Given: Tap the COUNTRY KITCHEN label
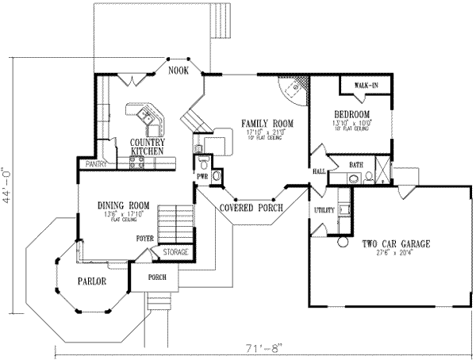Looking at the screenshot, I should click(147, 146).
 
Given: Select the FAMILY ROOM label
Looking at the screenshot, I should click(267, 124).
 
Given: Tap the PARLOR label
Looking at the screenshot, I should click(91, 281).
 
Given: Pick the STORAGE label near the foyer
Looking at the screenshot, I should click(175, 252).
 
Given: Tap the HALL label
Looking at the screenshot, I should click(320, 171).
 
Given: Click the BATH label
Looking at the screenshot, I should click(355, 164).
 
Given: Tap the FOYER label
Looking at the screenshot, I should click(144, 237).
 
